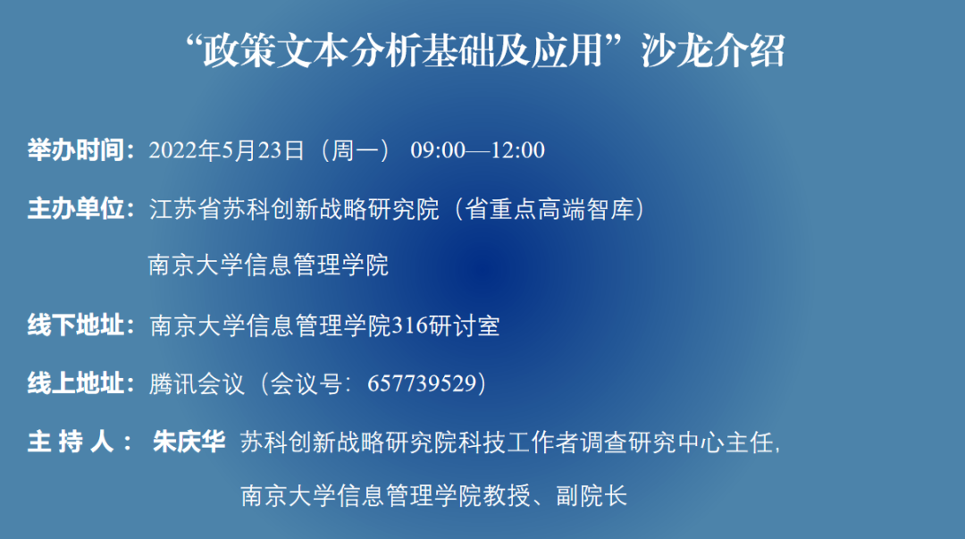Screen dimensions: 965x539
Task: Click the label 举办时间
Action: pos(75,149)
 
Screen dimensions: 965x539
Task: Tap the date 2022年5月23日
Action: pos(226,150)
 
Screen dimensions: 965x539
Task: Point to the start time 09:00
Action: pos(438,150)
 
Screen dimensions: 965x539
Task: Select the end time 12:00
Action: pos(517,150)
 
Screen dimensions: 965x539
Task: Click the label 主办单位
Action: pos(75,209)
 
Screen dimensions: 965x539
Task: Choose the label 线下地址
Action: pos(75,325)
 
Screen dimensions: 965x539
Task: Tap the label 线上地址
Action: pos(75,383)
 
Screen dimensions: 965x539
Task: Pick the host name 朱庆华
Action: pos(189,442)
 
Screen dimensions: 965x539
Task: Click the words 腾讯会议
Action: pos(197,383)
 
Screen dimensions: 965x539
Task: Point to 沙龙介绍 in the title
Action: pos(713,51)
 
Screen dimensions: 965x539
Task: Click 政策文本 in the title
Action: pos(275,51)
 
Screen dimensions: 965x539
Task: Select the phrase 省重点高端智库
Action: pos(549,209)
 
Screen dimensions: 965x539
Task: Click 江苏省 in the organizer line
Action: pos(185,209)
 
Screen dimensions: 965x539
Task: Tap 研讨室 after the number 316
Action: pos(464,325)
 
